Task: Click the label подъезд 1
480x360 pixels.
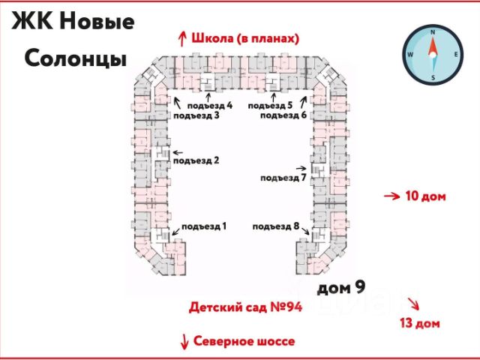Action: pos(204,226)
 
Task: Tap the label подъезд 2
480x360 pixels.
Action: pos(196,160)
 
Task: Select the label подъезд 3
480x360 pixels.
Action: pos(196,115)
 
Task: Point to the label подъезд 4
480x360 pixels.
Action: pos(210,106)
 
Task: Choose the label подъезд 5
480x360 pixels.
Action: pos(270,106)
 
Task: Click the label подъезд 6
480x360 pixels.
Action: pos(283,115)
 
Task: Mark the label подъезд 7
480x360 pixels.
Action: pos(283,178)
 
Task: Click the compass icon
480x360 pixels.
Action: pos(432,55)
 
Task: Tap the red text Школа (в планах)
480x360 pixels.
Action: pos(246,37)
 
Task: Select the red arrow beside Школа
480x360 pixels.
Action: pos(181,37)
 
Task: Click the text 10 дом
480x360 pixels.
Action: pos(425,196)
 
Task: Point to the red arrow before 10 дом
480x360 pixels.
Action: pos(391,196)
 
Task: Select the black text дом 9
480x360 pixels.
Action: pos(342,286)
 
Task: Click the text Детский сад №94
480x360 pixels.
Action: pos(245,307)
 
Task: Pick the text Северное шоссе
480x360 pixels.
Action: pos(244,341)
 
